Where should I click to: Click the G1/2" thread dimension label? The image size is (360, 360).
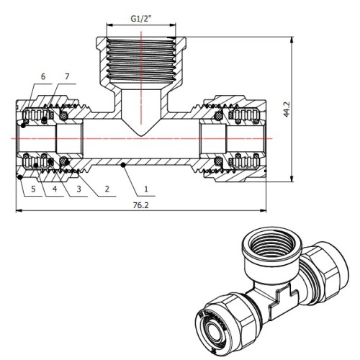(x=142, y=19)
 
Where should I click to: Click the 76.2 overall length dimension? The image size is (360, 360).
(x=141, y=205)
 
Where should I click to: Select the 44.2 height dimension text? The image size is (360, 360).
(x=287, y=109)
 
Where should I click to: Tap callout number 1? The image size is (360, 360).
(x=146, y=189)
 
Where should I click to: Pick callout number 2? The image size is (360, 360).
(x=107, y=189)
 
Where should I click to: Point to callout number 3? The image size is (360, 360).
(x=78, y=189)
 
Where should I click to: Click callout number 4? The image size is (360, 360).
(x=55, y=189)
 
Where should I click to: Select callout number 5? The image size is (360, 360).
(x=33, y=189)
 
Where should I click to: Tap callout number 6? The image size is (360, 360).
(x=43, y=76)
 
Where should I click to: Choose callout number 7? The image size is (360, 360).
(x=67, y=76)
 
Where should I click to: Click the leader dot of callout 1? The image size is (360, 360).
(x=123, y=165)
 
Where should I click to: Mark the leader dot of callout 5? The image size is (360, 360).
(x=20, y=177)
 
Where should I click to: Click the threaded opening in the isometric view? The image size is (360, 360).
(x=271, y=244)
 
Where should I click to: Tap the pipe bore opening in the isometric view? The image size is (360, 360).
(x=212, y=330)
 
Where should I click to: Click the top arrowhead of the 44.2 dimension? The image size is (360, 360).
(x=292, y=40)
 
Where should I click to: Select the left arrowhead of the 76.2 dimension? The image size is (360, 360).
(x=19, y=211)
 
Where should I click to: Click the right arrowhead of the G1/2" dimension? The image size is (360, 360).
(x=173, y=24)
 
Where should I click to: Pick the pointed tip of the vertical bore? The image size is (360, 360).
(x=141, y=137)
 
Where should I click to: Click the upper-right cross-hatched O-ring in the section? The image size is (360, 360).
(x=218, y=116)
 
